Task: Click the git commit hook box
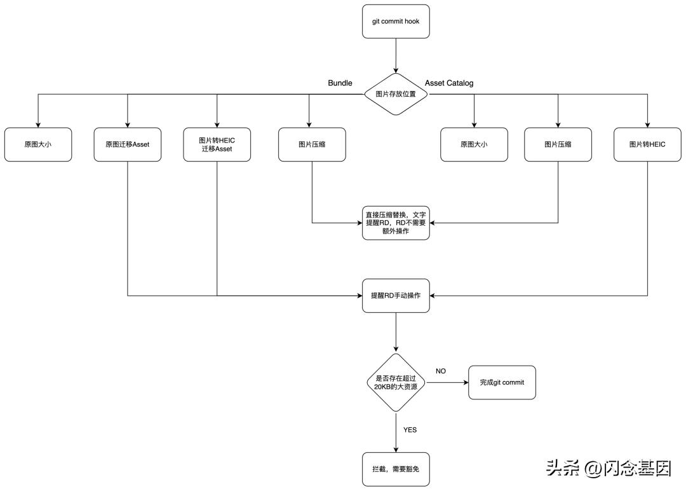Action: click(396, 22)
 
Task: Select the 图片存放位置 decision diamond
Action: click(396, 94)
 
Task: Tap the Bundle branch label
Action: click(340, 83)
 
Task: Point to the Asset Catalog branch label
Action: click(448, 83)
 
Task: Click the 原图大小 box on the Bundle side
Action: click(38, 144)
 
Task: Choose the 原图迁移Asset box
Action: click(128, 144)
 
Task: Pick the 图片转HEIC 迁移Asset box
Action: click(217, 144)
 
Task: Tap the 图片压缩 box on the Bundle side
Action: click(312, 144)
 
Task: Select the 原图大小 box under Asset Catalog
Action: click(474, 144)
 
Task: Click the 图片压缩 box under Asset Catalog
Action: click(558, 144)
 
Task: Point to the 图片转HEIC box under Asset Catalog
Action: click(647, 144)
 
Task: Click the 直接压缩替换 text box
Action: click(396, 223)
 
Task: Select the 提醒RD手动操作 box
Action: click(396, 296)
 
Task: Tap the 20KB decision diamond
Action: click(396, 382)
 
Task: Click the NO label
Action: click(441, 371)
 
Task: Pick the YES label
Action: click(410, 430)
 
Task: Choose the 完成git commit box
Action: click(502, 382)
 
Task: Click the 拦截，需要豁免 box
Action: click(396, 469)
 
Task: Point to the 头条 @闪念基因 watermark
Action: click(608, 469)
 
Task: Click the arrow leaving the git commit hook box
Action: click(396, 55)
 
